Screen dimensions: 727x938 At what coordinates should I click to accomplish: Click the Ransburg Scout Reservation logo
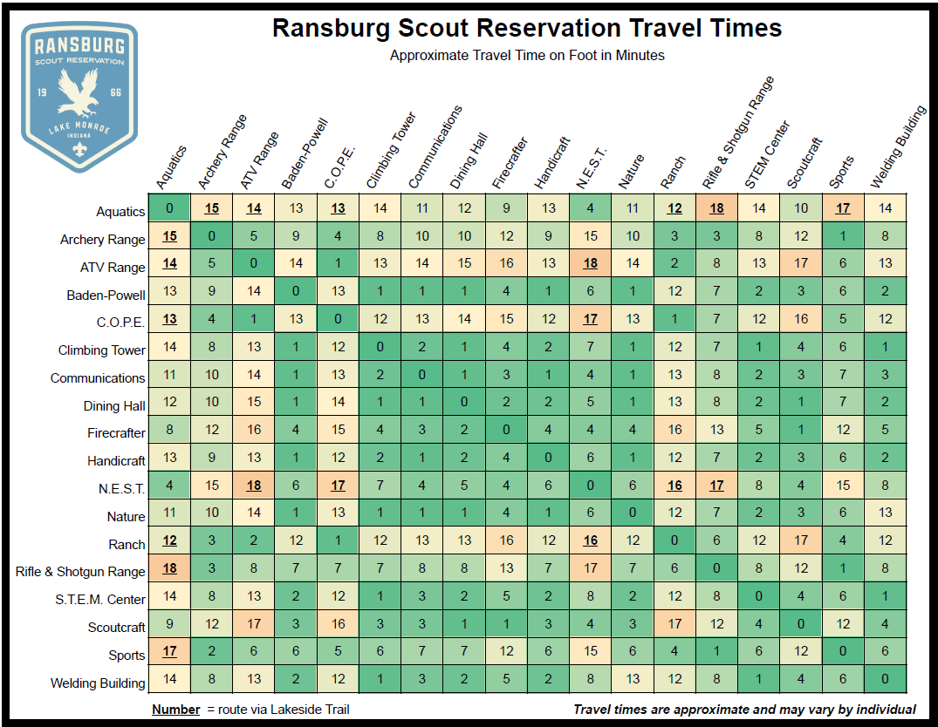point(79,96)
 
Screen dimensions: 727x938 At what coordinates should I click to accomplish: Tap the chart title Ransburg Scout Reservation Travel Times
point(527,28)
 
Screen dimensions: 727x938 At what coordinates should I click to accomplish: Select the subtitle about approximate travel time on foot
point(527,56)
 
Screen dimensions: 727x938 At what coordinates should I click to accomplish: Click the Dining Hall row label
point(114,405)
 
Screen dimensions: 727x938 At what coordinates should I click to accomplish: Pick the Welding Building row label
point(98,683)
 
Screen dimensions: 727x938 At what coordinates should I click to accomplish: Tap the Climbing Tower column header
point(390,152)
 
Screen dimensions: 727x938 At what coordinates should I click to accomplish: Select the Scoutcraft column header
point(804,163)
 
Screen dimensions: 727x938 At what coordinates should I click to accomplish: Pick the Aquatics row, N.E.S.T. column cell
point(591,208)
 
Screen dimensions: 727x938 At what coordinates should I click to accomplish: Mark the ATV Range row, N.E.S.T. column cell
point(591,263)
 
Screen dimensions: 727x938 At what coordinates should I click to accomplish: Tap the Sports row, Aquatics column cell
point(169,651)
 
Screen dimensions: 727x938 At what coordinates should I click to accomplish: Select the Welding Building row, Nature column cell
point(633,679)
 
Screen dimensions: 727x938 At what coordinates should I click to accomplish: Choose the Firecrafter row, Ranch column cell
point(674,430)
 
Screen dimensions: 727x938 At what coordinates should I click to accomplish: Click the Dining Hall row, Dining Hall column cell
point(464,402)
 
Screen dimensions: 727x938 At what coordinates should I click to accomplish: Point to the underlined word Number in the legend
point(175,710)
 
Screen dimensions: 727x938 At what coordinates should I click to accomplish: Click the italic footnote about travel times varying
point(744,710)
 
